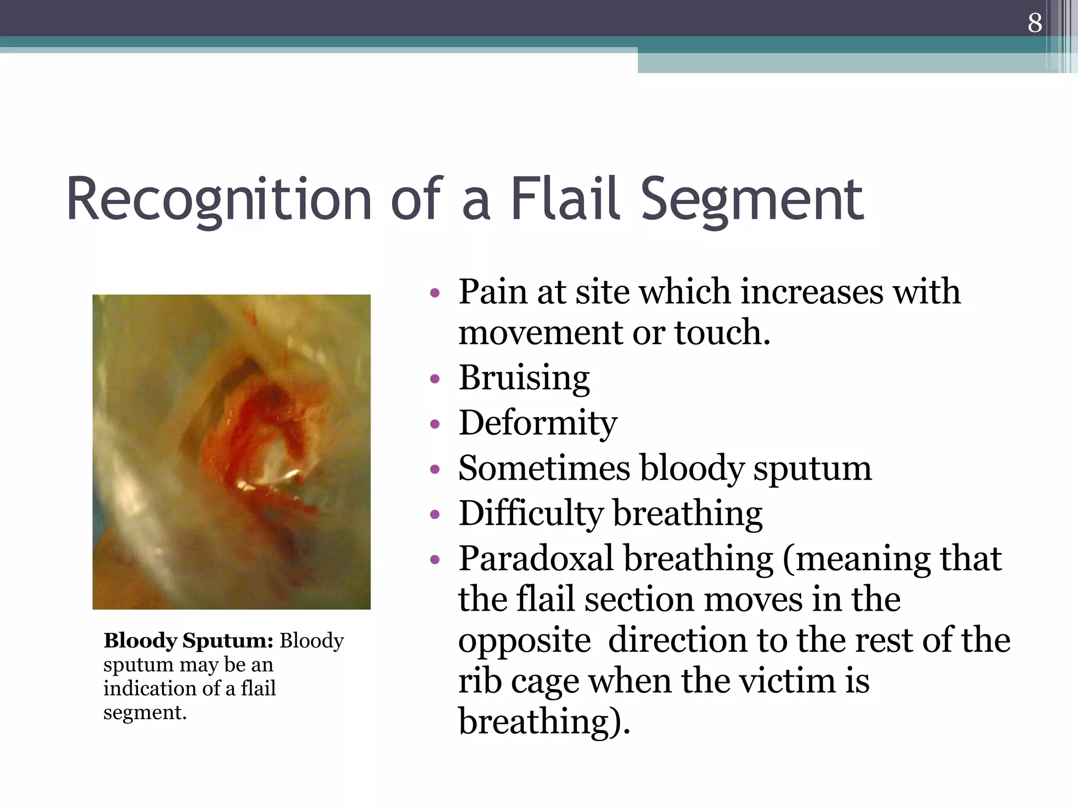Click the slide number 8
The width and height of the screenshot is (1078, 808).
(1034, 23)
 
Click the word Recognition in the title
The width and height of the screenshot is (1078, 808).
(218, 200)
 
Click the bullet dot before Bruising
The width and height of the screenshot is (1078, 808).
(434, 379)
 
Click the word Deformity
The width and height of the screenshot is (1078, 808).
(537, 424)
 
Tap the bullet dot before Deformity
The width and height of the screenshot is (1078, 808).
(434, 424)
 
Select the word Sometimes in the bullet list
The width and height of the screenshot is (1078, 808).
(544, 468)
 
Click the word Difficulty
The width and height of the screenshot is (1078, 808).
(531, 514)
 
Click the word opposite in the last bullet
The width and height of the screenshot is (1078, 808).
(524, 641)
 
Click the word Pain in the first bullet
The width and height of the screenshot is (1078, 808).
(492, 292)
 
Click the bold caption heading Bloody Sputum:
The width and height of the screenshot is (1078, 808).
(188, 641)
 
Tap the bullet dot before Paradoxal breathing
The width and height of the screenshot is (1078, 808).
(434, 560)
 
